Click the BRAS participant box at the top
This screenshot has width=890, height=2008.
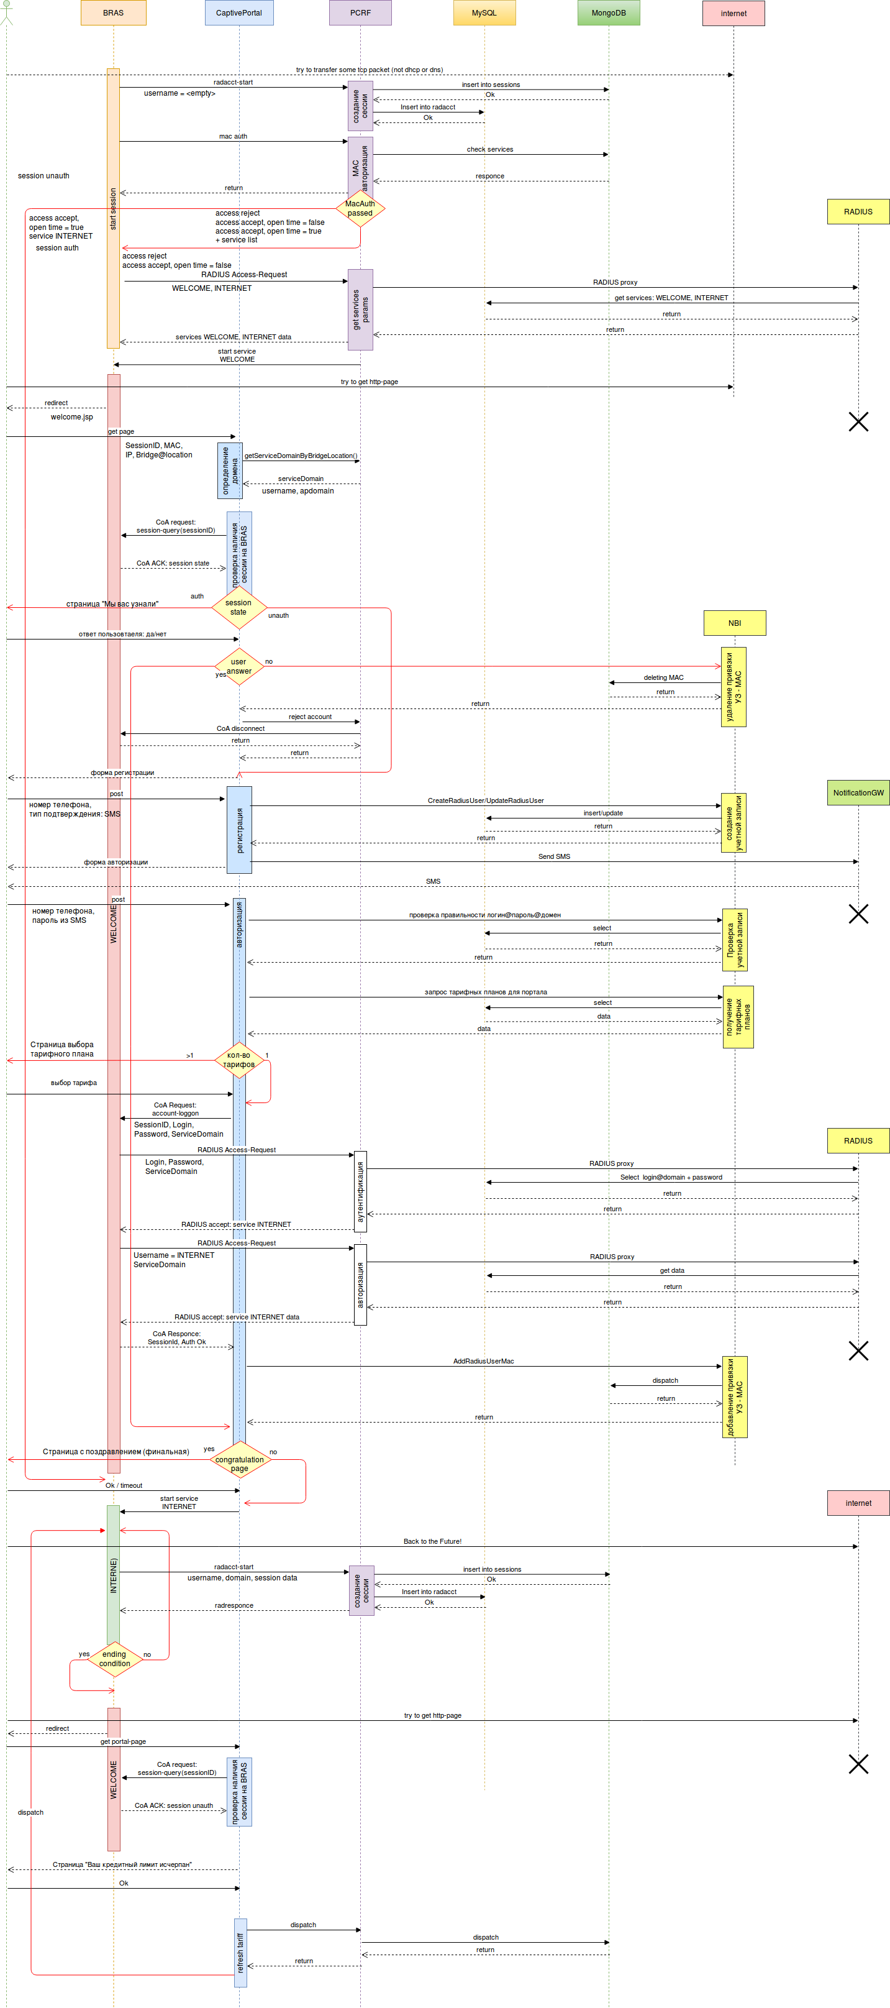point(113,13)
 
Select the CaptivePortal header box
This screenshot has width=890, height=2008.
point(238,13)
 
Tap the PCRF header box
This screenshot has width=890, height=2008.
point(360,13)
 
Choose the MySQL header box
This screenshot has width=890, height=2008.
point(484,13)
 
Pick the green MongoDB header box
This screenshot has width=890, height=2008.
point(609,13)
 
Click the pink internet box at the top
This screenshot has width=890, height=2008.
point(733,13)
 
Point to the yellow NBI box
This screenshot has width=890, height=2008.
point(734,623)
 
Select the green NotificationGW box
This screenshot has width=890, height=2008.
point(858,793)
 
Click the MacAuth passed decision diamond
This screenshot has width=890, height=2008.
point(360,208)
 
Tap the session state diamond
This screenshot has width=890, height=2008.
point(238,607)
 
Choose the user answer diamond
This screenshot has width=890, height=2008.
point(238,666)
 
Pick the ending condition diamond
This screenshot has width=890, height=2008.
point(114,1659)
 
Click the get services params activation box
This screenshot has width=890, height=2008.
point(360,309)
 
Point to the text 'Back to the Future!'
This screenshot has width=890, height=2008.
point(432,1541)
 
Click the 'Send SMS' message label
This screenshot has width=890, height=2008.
point(553,856)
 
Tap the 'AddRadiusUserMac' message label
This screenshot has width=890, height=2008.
point(483,1361)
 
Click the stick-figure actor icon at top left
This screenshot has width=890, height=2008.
point(6,13)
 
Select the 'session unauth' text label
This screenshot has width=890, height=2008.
point(43,175)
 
